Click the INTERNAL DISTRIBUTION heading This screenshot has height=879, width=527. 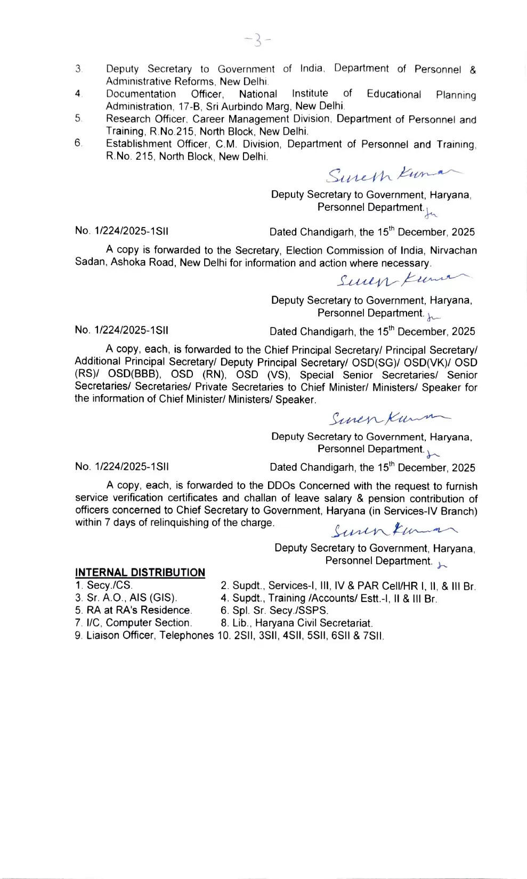(x=140, y=573)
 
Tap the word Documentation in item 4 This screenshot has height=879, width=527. (x=141, y=94)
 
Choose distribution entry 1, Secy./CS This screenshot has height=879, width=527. (x=104, y=585)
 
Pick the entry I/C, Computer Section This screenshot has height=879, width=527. (x=133, y=623)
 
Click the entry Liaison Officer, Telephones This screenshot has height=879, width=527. (x=144, y=636)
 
